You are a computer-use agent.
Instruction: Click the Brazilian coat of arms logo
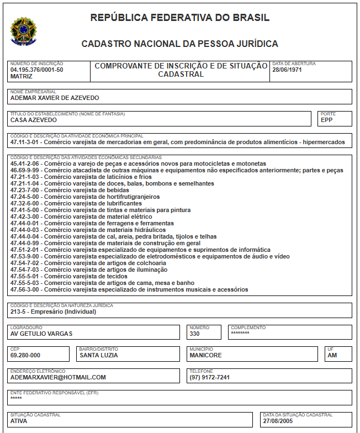pos(23,30)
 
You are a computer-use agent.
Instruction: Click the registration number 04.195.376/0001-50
pos(37,70)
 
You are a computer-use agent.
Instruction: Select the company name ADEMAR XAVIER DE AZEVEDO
pos(55,98)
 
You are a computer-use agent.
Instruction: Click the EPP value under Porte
pos(327,120)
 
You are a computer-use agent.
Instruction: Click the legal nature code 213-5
pos(17,311)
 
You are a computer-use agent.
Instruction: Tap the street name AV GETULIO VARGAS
pos(41,334)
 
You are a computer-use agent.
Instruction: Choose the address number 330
pos(194,334)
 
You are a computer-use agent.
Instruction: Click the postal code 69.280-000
pos(25,355)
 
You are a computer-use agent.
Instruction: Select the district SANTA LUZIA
pos(99,355)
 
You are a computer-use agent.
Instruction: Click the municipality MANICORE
pos(205,355)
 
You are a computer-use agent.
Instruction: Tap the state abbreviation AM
pos(332,355)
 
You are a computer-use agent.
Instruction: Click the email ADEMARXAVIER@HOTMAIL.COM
pos(58,377)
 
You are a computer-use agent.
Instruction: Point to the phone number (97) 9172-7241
pos(209,377)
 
